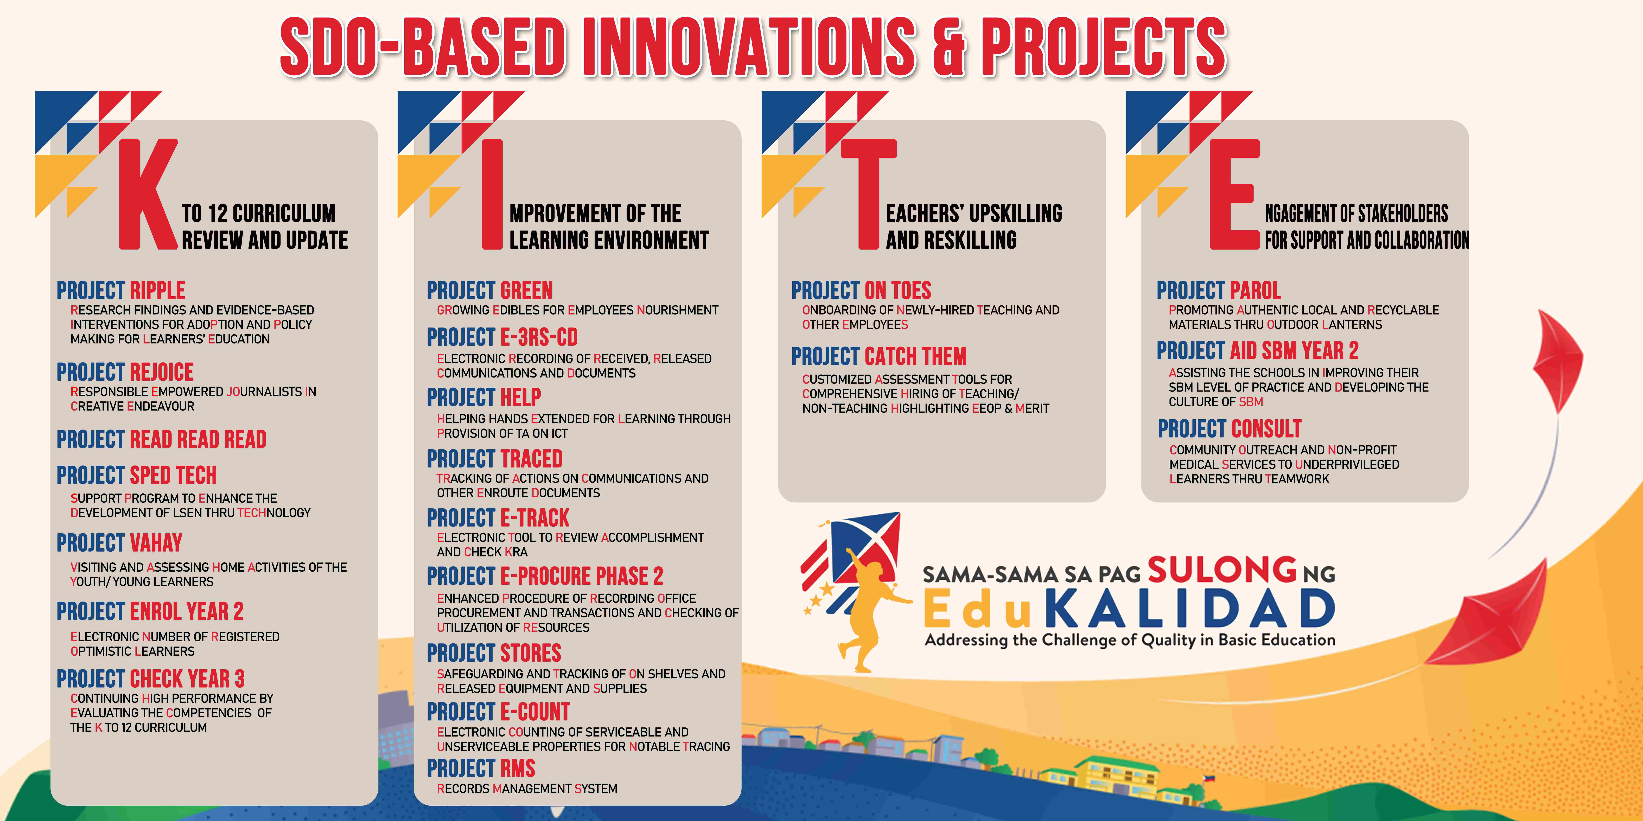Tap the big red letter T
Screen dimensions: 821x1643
tap(868, 194)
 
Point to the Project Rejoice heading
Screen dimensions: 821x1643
tap(125, 372)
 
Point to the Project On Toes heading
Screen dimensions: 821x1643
tap(861, 291)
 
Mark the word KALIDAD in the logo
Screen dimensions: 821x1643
tap(1189, 609)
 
